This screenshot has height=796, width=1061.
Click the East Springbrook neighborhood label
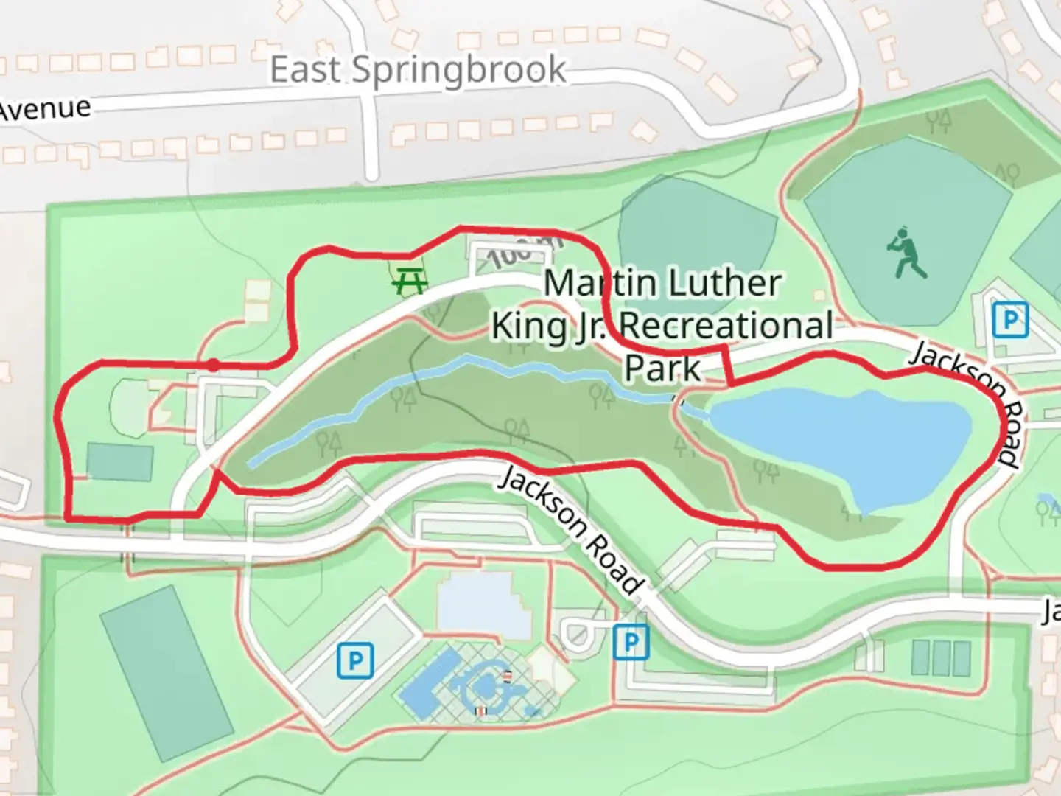pos(418,70)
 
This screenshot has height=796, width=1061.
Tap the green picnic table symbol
pos(410,280)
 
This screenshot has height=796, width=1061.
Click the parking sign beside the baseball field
pos(1009,321)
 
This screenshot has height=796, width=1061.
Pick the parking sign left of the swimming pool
pos(355,660)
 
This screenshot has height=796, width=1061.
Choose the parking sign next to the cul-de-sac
pos(631,642)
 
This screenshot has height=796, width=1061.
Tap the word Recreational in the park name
pos(726,326)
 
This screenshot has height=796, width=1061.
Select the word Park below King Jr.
pos(662,369)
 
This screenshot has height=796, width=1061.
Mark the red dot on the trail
pos(213,365)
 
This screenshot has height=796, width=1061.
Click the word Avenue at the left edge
pos(44,109)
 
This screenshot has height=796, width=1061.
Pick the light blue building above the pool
pos(483,604)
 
